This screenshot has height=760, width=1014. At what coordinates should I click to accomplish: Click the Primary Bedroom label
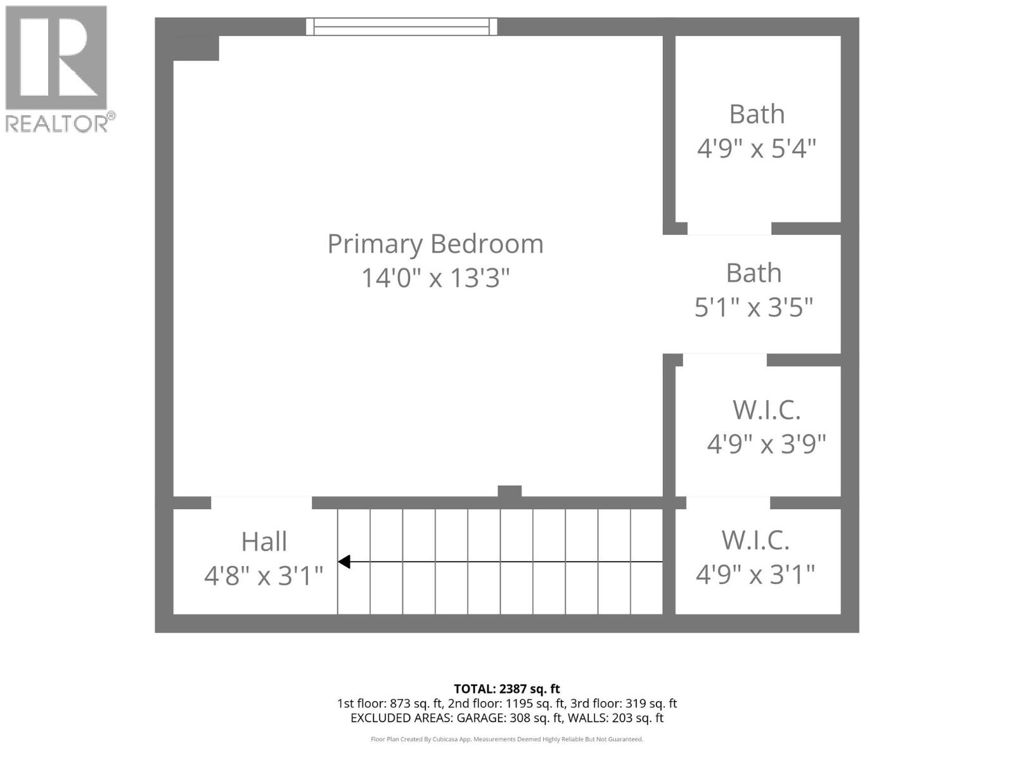point(435,244)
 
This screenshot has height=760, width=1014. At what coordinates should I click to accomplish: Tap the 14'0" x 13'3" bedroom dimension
point(435,278)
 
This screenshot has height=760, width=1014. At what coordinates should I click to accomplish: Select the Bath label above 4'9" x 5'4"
point(757,115)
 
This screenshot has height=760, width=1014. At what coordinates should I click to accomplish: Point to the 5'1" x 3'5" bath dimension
point(754,308)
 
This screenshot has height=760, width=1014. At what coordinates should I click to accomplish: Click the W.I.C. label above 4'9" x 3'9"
point(766,410)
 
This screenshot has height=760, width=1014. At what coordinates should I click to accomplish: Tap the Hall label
point(264,542)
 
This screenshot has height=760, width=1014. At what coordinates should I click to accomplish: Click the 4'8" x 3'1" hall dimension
point(264,576)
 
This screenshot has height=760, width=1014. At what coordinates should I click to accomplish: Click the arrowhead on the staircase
point(344,562)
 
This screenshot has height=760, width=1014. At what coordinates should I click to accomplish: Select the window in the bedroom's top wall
point(402,27)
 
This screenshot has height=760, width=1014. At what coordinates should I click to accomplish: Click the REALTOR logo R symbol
point(56,58)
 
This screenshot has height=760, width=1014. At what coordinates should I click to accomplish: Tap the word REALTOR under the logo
point(57,123)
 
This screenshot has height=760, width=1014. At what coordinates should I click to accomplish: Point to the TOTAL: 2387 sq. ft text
point(507,688)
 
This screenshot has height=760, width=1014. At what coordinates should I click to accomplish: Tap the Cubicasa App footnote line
point(507,739)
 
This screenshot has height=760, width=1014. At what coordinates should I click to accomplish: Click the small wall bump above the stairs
point(510,491)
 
